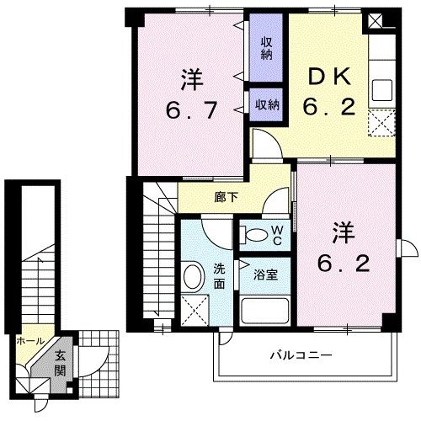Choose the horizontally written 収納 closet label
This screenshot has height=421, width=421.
[x=267, y=104]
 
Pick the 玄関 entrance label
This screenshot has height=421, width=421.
[x=60, y=362]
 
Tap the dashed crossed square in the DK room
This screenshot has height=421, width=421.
[x=381, y=124]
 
